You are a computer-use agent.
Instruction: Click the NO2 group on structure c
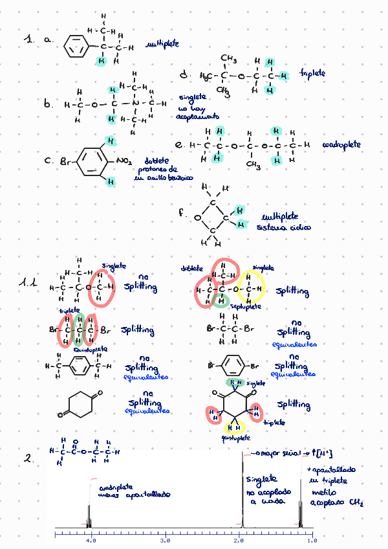[125, 158]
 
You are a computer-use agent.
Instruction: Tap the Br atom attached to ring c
[65, 159]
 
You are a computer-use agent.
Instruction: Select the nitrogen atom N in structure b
[136, 104]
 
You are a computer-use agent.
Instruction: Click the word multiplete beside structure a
[162, 45]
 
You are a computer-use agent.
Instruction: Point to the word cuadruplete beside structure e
[341, 144]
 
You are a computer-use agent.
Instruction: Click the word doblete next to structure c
[157, 161]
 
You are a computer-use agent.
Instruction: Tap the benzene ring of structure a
[76, 47]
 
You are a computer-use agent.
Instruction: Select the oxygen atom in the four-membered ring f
[198, 218]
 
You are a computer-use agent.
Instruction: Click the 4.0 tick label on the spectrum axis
[91, 538]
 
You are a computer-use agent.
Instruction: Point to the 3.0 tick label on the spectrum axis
[165, 538]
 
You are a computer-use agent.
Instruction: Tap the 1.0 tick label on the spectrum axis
[312, 538]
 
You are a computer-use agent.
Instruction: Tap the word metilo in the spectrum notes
[322, 492]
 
